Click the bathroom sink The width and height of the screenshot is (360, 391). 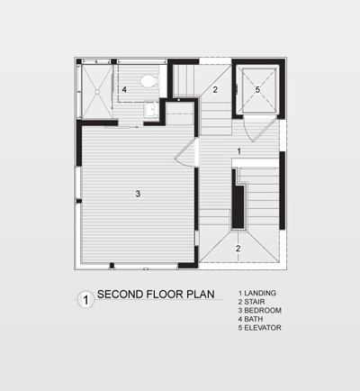151,110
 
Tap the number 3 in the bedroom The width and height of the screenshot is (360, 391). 138,194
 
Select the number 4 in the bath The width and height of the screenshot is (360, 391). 124,90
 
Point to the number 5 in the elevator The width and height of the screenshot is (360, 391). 257,89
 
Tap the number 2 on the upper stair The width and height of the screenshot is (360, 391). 215,89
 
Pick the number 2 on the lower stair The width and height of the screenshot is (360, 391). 238,248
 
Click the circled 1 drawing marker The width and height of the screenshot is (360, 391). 84,297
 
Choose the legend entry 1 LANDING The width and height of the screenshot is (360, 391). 256,294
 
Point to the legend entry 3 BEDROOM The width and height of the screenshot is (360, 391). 259,311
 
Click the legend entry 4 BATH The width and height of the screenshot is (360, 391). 252,319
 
